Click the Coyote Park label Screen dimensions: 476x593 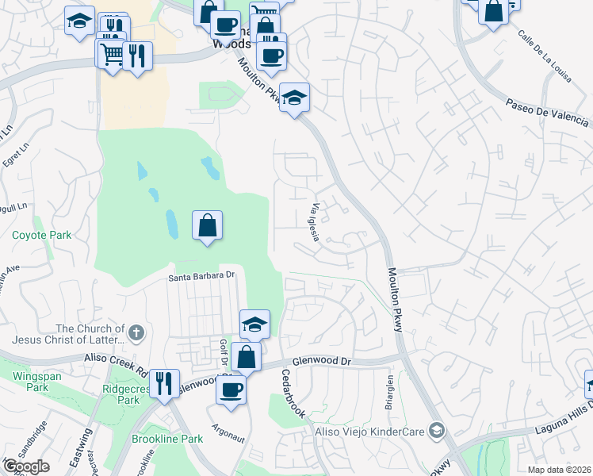(41, 235)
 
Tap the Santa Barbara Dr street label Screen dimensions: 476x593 (203, 276)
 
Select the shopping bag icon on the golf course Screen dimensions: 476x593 (207, 226)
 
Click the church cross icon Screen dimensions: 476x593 (136, 332)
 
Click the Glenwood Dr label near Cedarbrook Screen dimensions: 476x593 (321, 361)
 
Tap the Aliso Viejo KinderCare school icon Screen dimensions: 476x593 (435, 430)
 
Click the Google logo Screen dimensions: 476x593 (26, 466)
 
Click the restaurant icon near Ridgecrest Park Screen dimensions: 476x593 (164, 383)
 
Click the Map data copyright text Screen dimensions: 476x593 (560, 470)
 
